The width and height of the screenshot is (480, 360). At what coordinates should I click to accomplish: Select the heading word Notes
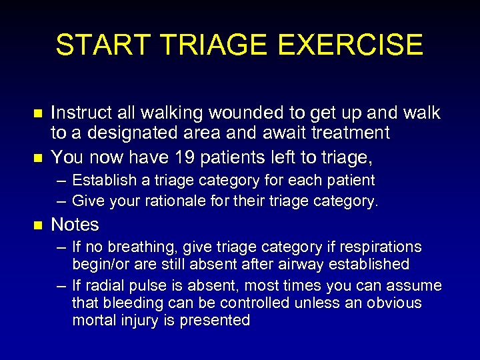coord(75,225)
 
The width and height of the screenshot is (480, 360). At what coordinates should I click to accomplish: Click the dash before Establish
coord(61,181)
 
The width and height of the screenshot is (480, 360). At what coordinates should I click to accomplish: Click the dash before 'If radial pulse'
coord(61,286)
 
